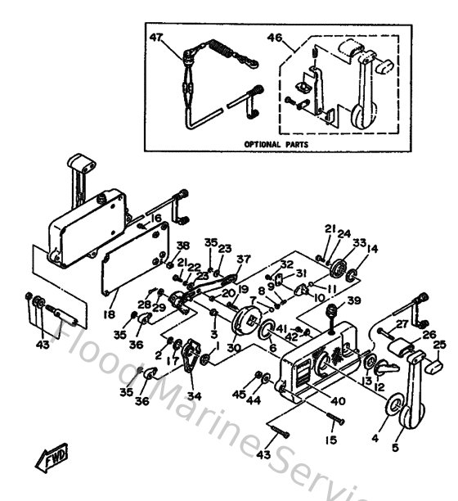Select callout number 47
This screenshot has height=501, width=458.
[157, 37]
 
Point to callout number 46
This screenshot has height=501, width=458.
[276, 38]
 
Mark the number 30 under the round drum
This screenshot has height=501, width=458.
[234, 348]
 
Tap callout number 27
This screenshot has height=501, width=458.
[402, 323]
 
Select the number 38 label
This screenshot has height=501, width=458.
[182, 245]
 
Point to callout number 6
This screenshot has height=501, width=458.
[273, 347]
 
